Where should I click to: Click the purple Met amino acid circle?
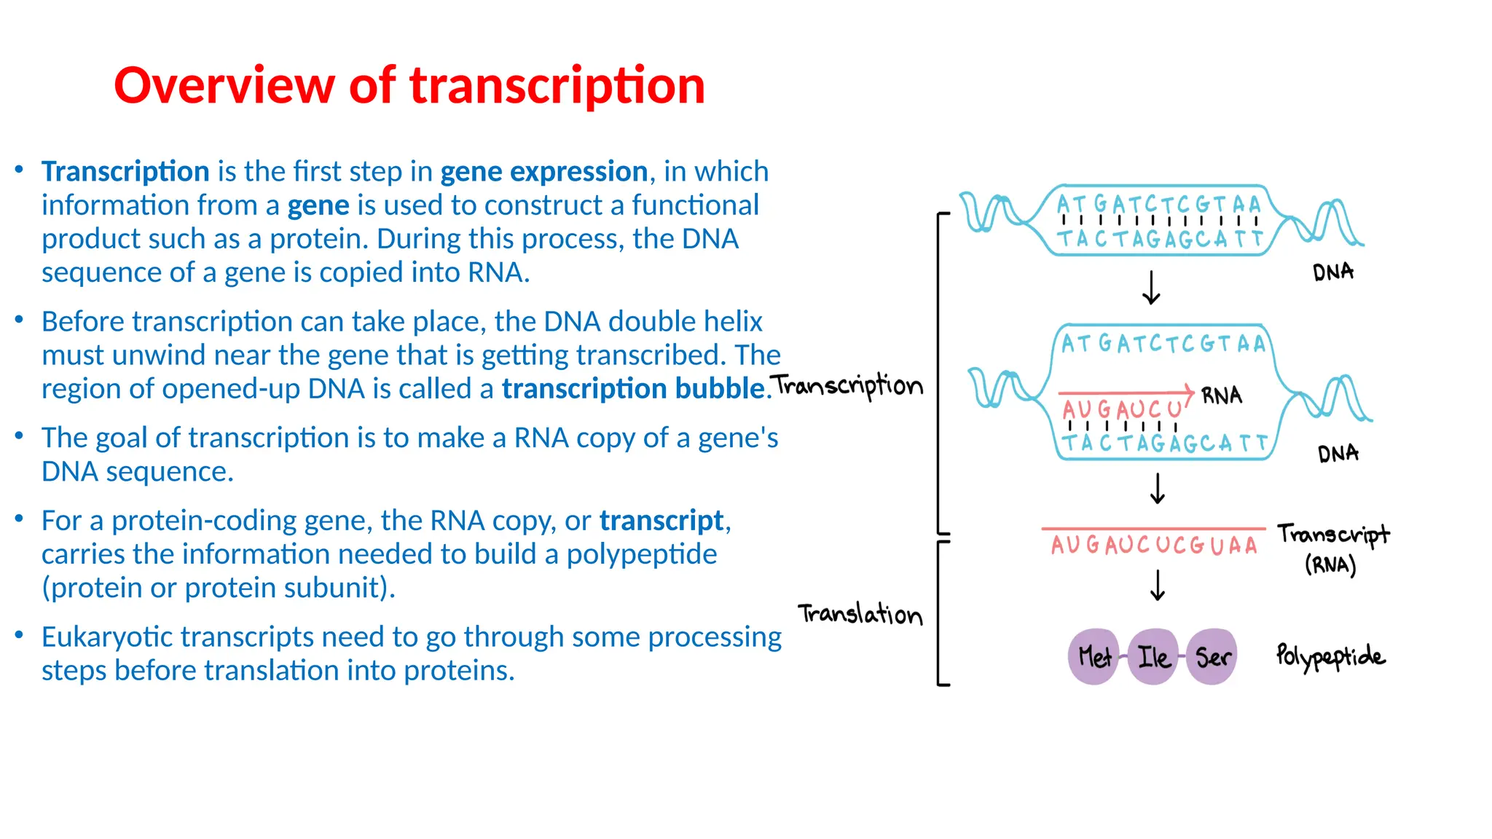click(x=1093, y=657)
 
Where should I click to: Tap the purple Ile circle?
click(x=1153, y=657)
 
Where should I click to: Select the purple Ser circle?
click(x=1212, y=657)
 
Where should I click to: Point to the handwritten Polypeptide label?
click(x=1330, y=656)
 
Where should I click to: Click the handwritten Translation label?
click(x=860, y=614)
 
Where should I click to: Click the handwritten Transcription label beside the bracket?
click(x=848, y=385)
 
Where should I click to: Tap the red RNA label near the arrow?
click(x=1222, y=395)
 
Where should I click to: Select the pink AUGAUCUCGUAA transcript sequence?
click(x=1154, y=545)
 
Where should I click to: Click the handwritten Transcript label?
click(x=1333, y=535)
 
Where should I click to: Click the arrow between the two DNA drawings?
click(x=1151, y=288)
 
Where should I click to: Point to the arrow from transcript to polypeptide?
click(x=1157, y=585)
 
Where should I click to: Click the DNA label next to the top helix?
click(x=1332, y=272)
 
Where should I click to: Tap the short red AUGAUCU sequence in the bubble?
click(x=1121, y=409)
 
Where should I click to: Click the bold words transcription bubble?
click(x=632, y=389)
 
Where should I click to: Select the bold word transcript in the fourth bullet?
click(x=661, y=521)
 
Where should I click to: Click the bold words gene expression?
click(x=543, y=172)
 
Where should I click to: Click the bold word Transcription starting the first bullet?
click(x=125, y=172)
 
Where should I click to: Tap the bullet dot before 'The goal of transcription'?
click(x=20, y=436)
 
